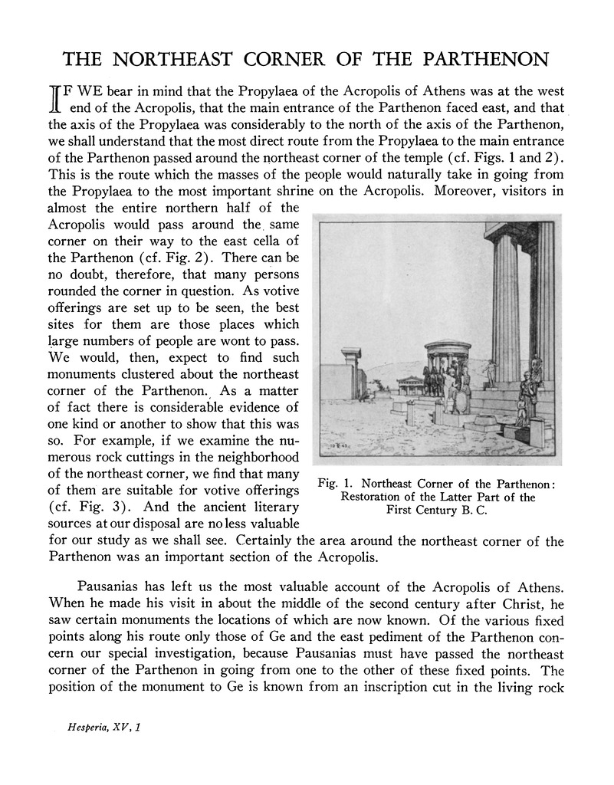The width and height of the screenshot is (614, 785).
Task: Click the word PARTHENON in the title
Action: pos(480,59)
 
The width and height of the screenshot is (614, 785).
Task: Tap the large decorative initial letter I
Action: pos(55,101)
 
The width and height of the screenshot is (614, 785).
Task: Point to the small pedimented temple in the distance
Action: pos(406,384)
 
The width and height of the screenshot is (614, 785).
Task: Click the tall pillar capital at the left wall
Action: pos(352,355)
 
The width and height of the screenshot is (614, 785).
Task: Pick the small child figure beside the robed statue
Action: pos(521,412)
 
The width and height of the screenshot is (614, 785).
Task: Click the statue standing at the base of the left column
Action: pos(488,372)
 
